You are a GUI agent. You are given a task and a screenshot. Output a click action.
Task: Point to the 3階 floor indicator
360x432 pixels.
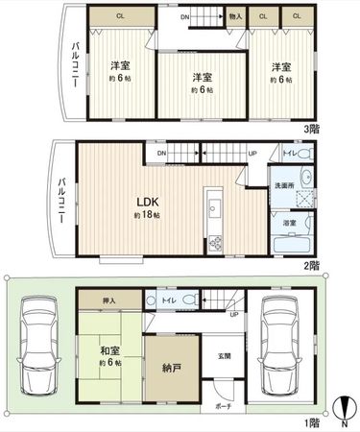[x=314, y=128]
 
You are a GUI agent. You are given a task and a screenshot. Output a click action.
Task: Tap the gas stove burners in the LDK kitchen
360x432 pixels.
[x=215, y=242]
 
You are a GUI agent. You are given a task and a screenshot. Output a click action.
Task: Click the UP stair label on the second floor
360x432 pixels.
[x=252, y=154]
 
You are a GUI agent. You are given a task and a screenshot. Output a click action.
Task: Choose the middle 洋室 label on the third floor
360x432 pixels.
[x=200, y=77]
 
